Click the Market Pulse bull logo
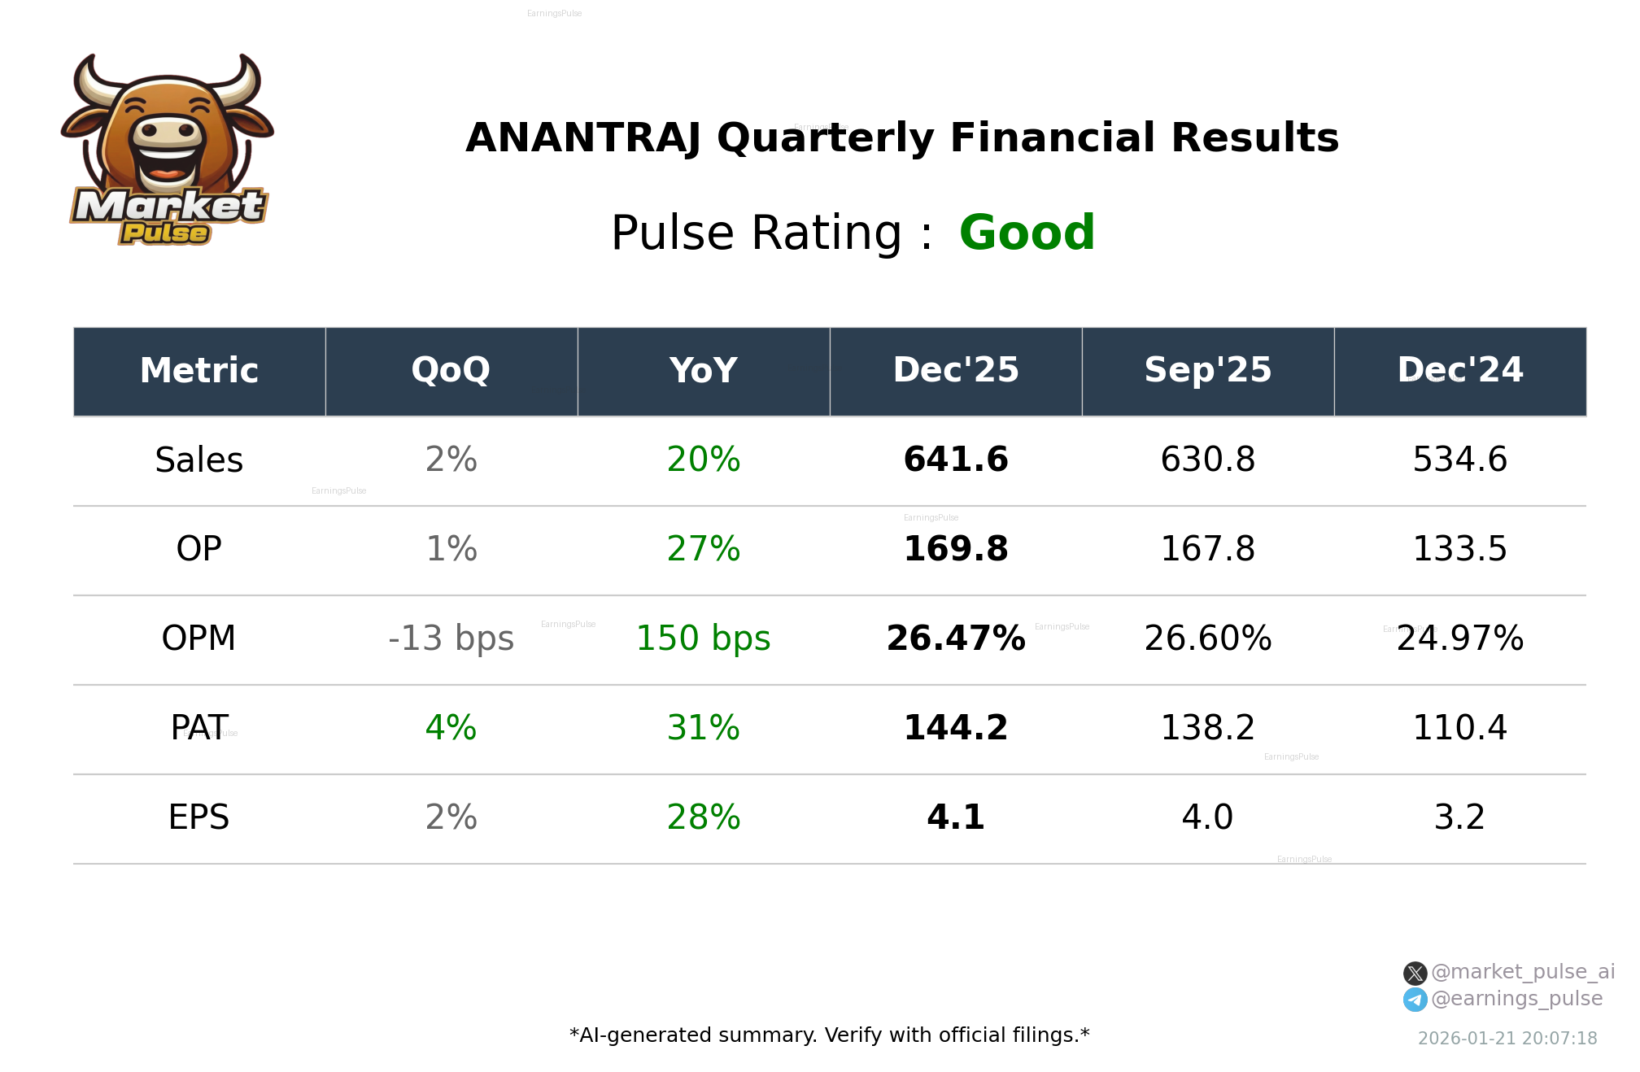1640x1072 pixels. pyautogui.click(x=168, y=150)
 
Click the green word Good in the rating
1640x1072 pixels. pyautogui.click(x=1027, y=233)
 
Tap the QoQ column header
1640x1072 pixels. pyautogui.click(x=451, y=371)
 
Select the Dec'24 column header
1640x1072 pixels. pyautogui.click(x=1459, y=371)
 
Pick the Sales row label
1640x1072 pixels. pyautogui.click(x=199, y=460)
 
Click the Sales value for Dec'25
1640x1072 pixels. pyautogui.click(x=956, y=460)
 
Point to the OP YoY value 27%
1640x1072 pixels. pyautogui.click(x=704, y=550)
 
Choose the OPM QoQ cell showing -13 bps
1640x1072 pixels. pyautogui.click(x=451, y=639)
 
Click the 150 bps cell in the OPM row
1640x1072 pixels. pyautogui.click(x=704, y=639)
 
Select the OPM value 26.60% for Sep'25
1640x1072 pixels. pyautogui.click(x=1207, y=639)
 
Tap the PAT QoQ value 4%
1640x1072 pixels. pyautogui.click(x=451, y=729)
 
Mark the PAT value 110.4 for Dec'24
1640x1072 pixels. pyautogui.click(x=1459, y=729)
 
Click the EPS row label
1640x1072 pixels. pyautogui.click(x=199, y=818)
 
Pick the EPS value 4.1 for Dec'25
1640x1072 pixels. pyautogui.click(x=956, y=818)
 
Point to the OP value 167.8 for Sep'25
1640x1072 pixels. pyautogui.click(x=1207, y=550)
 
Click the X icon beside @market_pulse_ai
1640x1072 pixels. pyautogui.click(x=1415, y=974)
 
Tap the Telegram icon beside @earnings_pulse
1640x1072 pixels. pyautogui.click(x=1415, y=1000)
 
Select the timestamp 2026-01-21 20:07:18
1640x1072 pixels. pyautogui.click(x=1507, y=1039)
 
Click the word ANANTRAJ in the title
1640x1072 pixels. pyautogui.click(x=582, y=138)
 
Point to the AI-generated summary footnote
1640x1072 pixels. pyautogui.click(x=829, y=1035)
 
